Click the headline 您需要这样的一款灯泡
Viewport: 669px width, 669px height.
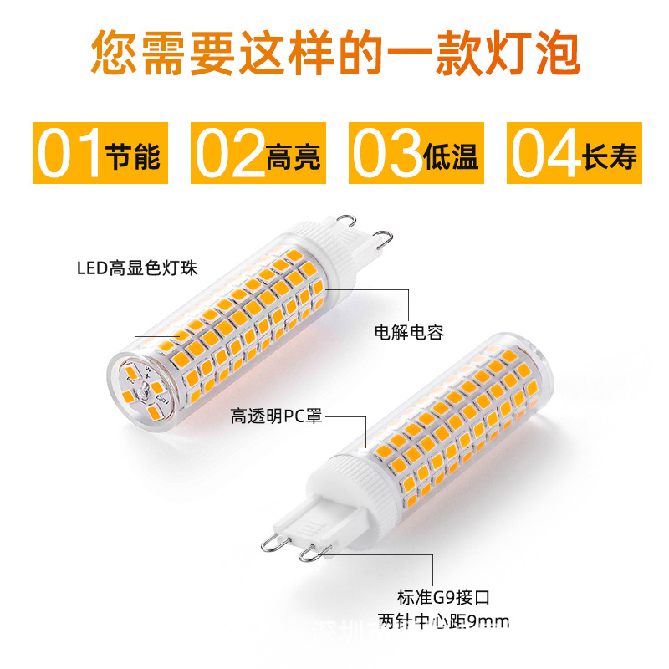point(334,52)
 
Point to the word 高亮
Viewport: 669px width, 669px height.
point(293,156)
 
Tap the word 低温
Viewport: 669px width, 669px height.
point(451,156)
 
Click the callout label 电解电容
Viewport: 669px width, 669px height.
point(409,333)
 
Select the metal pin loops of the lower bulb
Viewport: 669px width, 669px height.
point(293,544)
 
